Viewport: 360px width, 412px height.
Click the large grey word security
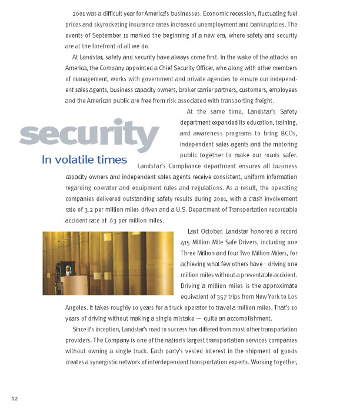click(89, 134)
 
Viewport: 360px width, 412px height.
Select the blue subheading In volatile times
click(84, 160)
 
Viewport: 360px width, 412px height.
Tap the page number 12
click(15, 399)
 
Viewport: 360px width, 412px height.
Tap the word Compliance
click(199, 167)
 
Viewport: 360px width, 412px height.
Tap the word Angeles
click(78, 307)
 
